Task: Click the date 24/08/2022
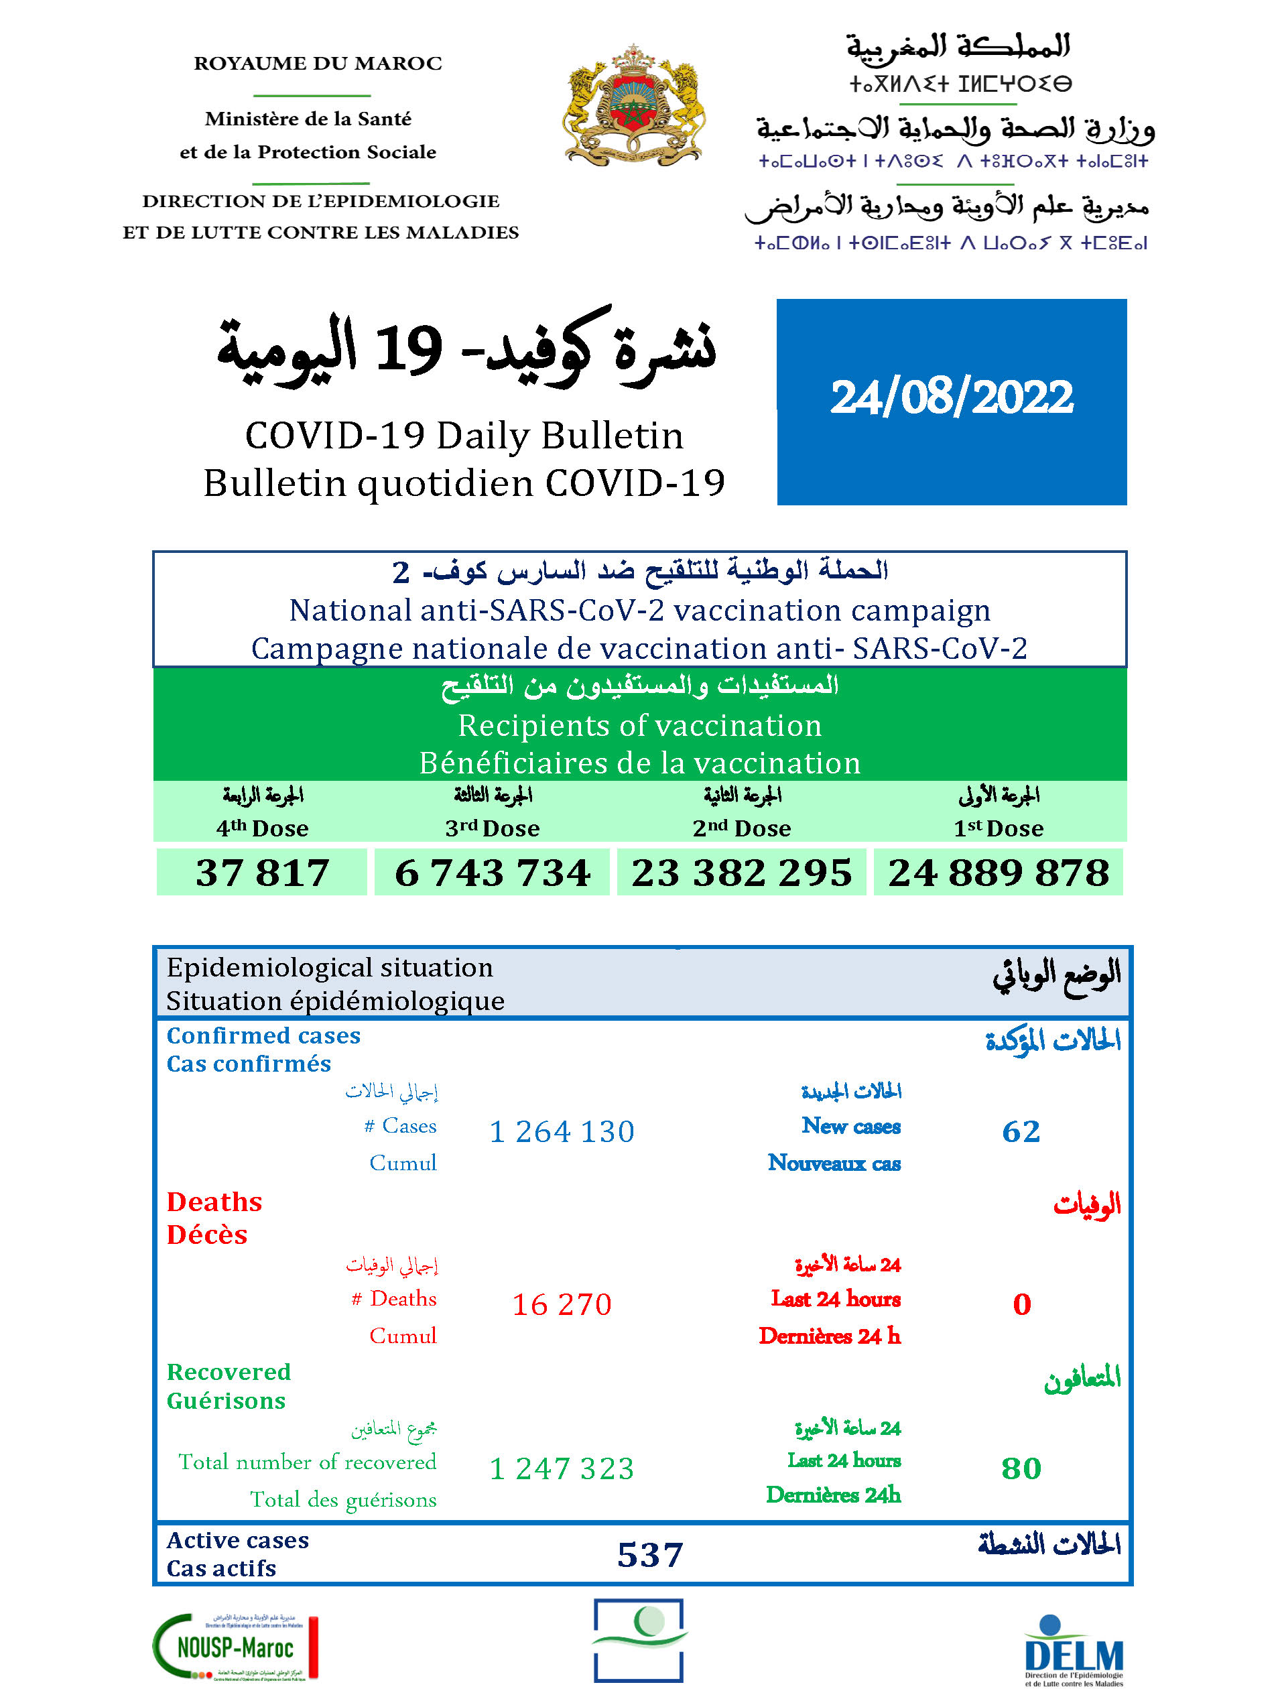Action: tap(951, 397)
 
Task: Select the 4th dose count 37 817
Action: tap(262, 872)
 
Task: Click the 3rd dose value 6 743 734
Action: tap(492, 872)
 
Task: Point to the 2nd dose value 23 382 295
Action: tap(741, 872)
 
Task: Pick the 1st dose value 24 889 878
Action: tap(998, 872)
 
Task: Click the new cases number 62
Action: tap(1021, 1131)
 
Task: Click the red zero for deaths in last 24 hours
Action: tap(1022, 1304)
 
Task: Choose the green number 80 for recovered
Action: tap(1021, 1468)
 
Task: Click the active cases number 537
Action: tap(649, 1555)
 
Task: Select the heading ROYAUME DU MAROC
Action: tap(318, 63)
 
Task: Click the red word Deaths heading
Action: tap(214, 1202)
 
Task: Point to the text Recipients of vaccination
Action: tap(639, 725)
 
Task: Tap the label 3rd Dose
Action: tap(492, 828)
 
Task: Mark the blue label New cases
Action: tap(850, 1126)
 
